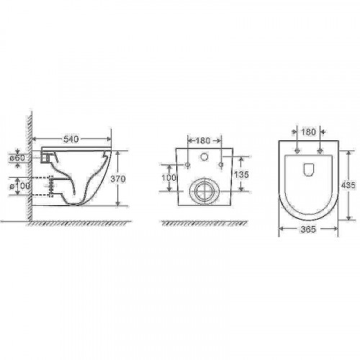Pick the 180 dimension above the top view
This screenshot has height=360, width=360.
coord(308,133)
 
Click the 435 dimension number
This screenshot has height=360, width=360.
coord(349,184)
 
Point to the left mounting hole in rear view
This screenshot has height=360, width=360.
coord(188,166)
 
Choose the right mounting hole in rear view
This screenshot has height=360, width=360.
coord(220,166)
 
